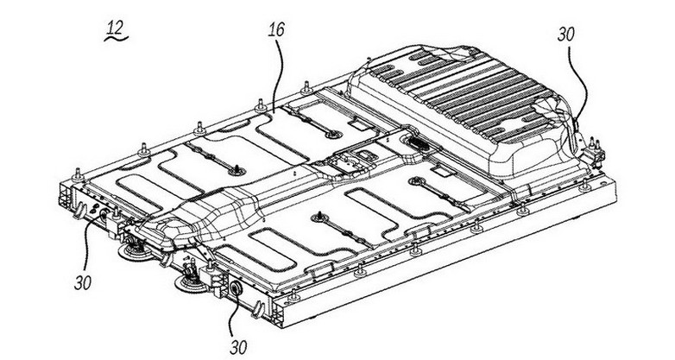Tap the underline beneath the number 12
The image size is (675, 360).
(x=114, y=39)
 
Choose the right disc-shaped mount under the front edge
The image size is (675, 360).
(x=188, y=282)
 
